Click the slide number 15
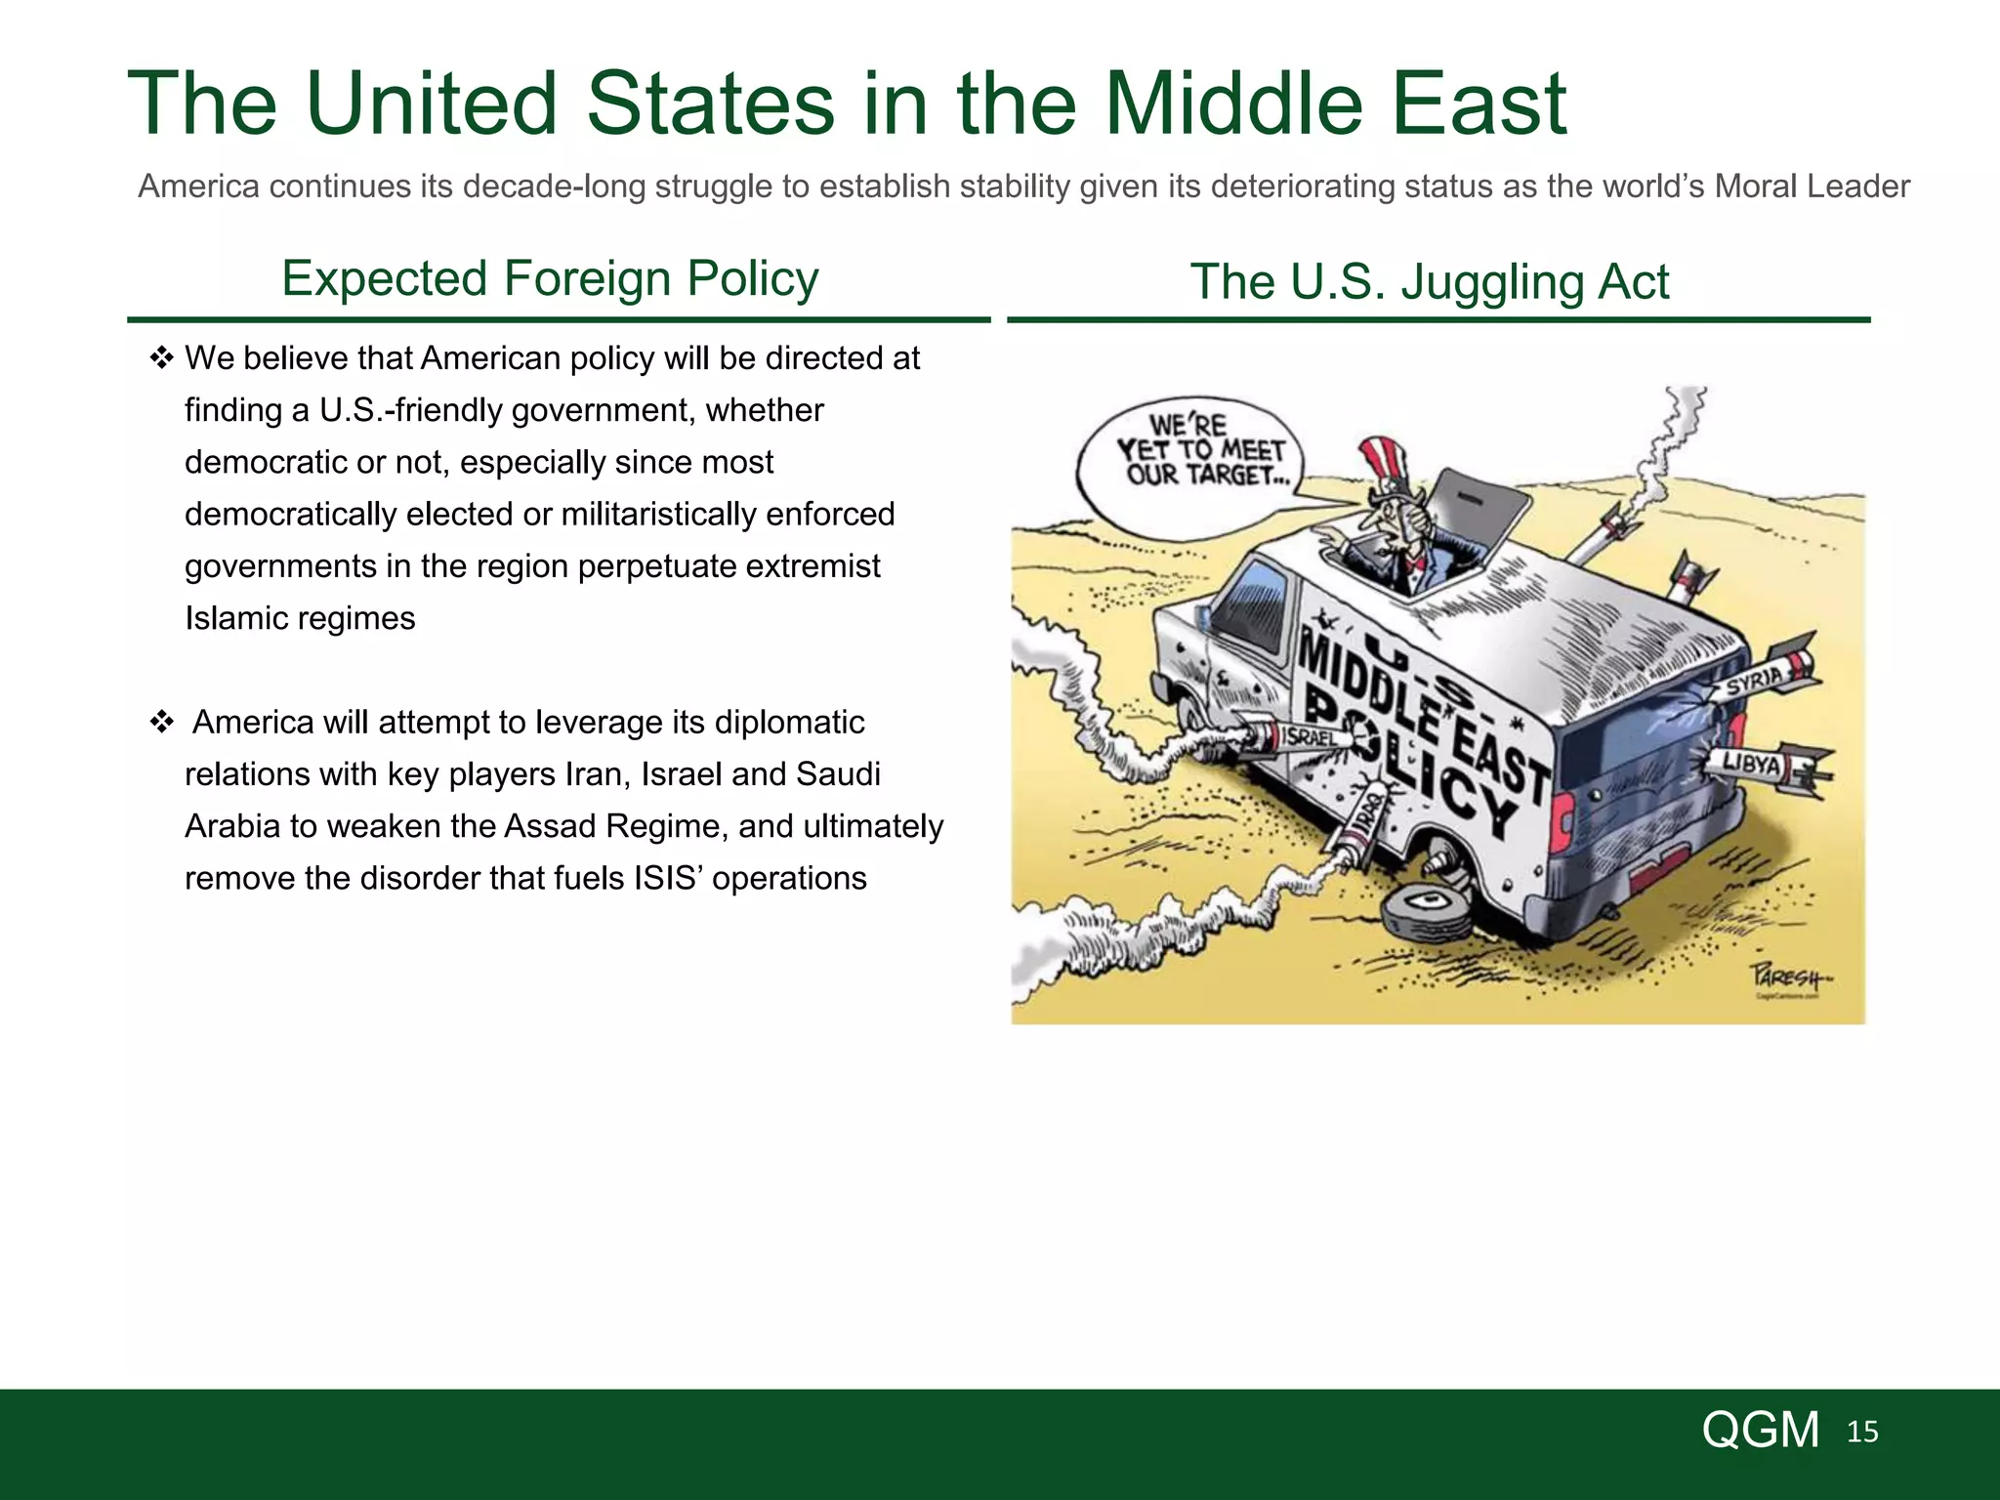point(1862,1432)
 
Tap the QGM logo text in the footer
point(1760,1431)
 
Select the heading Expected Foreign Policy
point(550,278)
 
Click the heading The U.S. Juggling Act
point(1429,282)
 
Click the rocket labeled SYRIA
point(1763,680)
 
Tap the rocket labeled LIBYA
point(1763,765)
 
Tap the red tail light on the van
point(1560,816)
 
